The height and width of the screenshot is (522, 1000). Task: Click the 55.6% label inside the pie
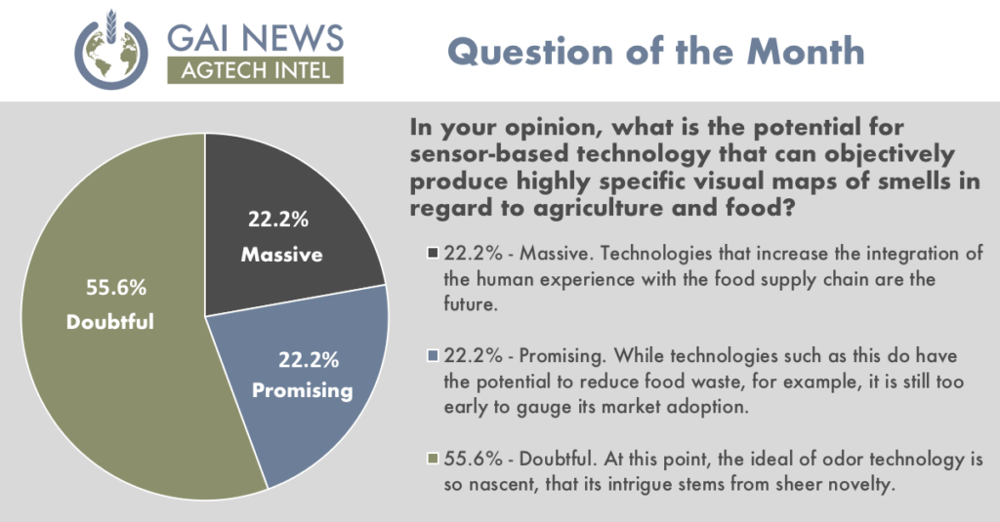coord(116,288)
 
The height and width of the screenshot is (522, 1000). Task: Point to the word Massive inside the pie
coord(282,255)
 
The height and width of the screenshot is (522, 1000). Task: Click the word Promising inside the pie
coord(303,390)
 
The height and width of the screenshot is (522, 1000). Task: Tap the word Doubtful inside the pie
coord(110,321)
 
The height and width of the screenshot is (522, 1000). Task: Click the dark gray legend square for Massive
coord(433,253)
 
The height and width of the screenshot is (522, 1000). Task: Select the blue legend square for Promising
coord(433,356)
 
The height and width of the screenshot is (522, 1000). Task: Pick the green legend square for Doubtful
coord(433,459)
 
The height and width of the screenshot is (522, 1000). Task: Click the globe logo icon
coord(111,50)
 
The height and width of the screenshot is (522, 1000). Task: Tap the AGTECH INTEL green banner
coord(255,70)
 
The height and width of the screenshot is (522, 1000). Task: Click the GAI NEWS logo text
coord(255,38)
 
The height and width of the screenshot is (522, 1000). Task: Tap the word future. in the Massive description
coord(471,304)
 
